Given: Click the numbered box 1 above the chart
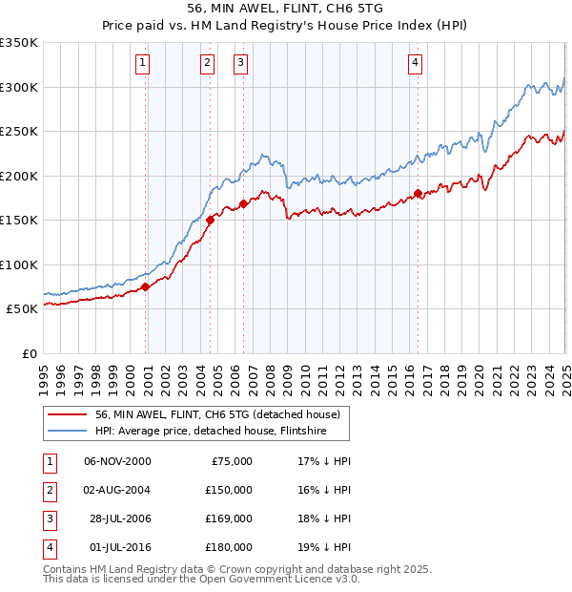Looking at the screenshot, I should tap(142, 64).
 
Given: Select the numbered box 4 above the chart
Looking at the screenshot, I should tap(416, 64).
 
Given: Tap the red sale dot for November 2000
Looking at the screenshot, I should tap(145, 286).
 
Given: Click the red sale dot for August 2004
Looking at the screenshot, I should tap(210, 220).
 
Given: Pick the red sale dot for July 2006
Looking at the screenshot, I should tap(244, 203).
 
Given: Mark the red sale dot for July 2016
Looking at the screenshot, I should tap(418, 194).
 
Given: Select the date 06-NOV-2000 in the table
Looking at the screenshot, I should tap(117, 461).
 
